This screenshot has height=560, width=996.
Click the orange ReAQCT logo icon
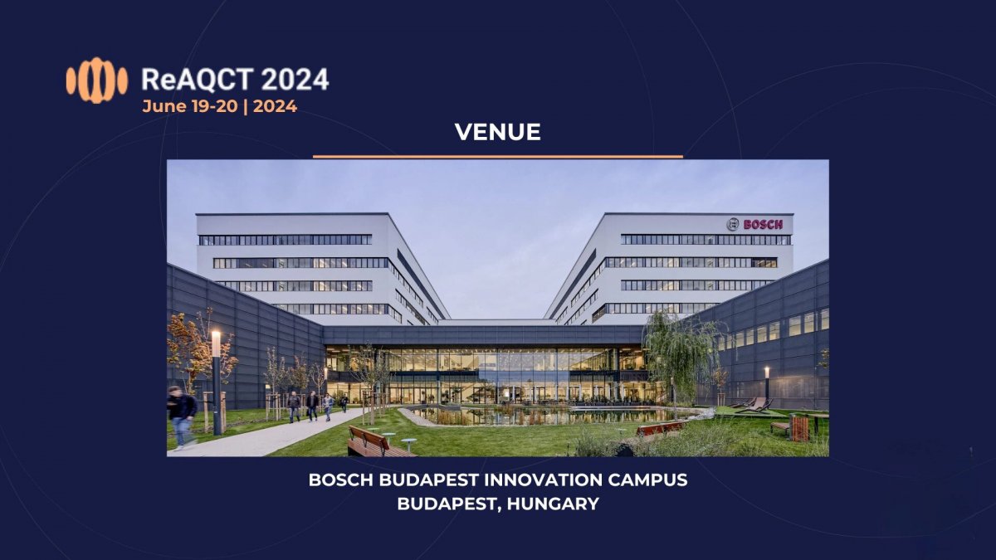(97, 80)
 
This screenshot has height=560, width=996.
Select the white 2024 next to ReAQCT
(295, 80)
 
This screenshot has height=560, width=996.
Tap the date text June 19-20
(190, 107)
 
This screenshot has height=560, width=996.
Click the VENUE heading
(497, 132)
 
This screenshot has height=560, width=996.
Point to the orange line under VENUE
(497, 157)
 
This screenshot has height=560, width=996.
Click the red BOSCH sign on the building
(763, 225)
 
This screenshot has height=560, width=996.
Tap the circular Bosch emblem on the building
(733, 225)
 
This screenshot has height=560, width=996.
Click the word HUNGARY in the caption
(553, 504)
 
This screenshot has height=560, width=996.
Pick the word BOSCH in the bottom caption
(340, 480)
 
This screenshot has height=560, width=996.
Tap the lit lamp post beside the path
(217, 382)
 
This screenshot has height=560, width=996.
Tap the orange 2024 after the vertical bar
(275, 107)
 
